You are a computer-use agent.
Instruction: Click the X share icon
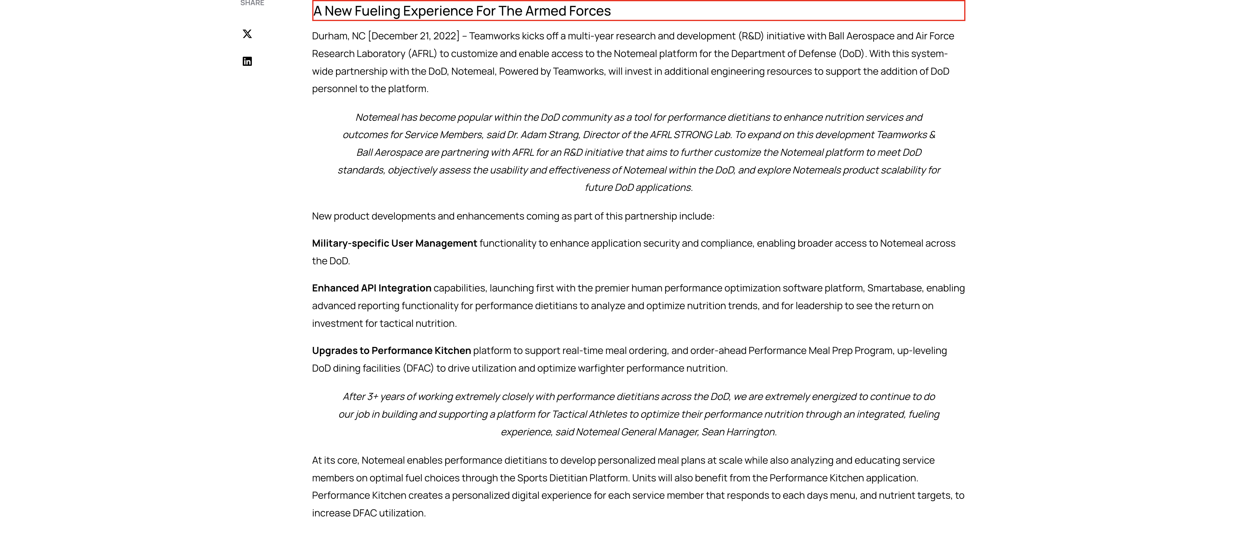tap(247, 34)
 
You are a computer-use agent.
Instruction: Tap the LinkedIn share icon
tap(247, 61)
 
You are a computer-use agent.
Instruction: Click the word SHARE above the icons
tap(252, 3)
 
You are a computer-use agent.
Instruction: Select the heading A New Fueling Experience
tap(462, 11)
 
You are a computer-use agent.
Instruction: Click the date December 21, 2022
tap(413, 36)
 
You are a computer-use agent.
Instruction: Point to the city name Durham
tap(330, 36)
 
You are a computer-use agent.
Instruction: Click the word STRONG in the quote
tap(692, 135)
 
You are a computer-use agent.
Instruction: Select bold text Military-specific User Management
tap(394, 243)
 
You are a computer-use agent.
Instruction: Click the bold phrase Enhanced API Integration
tap(371, 288)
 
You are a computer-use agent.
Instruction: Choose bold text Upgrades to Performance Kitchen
tap(391, 351)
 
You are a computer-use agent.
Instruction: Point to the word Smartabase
tap(894, 288)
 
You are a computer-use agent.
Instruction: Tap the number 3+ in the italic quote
tap(372, 397)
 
